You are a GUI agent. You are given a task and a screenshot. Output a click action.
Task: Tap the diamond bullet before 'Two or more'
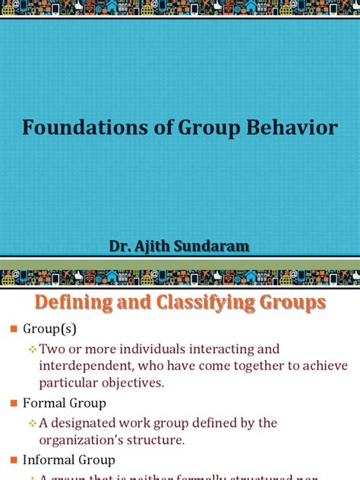pos(33,349)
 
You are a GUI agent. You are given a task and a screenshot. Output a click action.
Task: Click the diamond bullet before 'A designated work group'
pos(33,423)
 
